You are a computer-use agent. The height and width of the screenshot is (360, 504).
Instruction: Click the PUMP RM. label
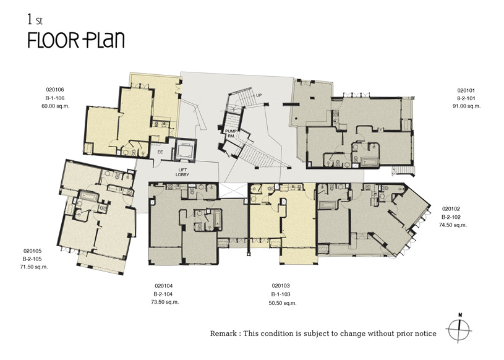point(231,134)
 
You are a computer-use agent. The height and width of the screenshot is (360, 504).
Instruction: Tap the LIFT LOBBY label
point(182,173)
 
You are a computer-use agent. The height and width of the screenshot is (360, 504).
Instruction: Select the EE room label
point(160,152)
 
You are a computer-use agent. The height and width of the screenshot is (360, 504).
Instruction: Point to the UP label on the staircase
point(258,95)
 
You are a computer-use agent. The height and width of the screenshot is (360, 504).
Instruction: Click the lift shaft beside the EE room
point(185,150)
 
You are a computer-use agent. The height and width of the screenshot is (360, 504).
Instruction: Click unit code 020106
point(55,90)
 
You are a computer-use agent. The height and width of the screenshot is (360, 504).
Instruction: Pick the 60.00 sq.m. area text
point(55,106)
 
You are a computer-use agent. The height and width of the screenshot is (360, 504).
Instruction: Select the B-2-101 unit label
point(466,98)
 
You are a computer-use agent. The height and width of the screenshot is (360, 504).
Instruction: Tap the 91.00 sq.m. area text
point(466,106)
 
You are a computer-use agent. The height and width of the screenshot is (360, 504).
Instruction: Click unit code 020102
point(451,208)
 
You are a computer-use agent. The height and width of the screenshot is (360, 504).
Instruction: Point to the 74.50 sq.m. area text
point(453,225)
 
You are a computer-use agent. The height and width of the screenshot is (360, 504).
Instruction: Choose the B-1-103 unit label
point(281,294)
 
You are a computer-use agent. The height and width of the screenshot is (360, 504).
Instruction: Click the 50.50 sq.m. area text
point(283,303)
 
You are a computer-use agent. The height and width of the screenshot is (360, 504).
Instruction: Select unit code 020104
point(164,286)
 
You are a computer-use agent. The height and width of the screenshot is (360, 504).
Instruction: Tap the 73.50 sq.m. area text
point(165,302)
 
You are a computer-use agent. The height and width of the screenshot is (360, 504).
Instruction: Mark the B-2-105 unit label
point(32,259)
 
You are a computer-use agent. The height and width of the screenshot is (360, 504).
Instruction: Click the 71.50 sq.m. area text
point(34,267)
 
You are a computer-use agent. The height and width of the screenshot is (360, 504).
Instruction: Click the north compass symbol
point(459,329)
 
